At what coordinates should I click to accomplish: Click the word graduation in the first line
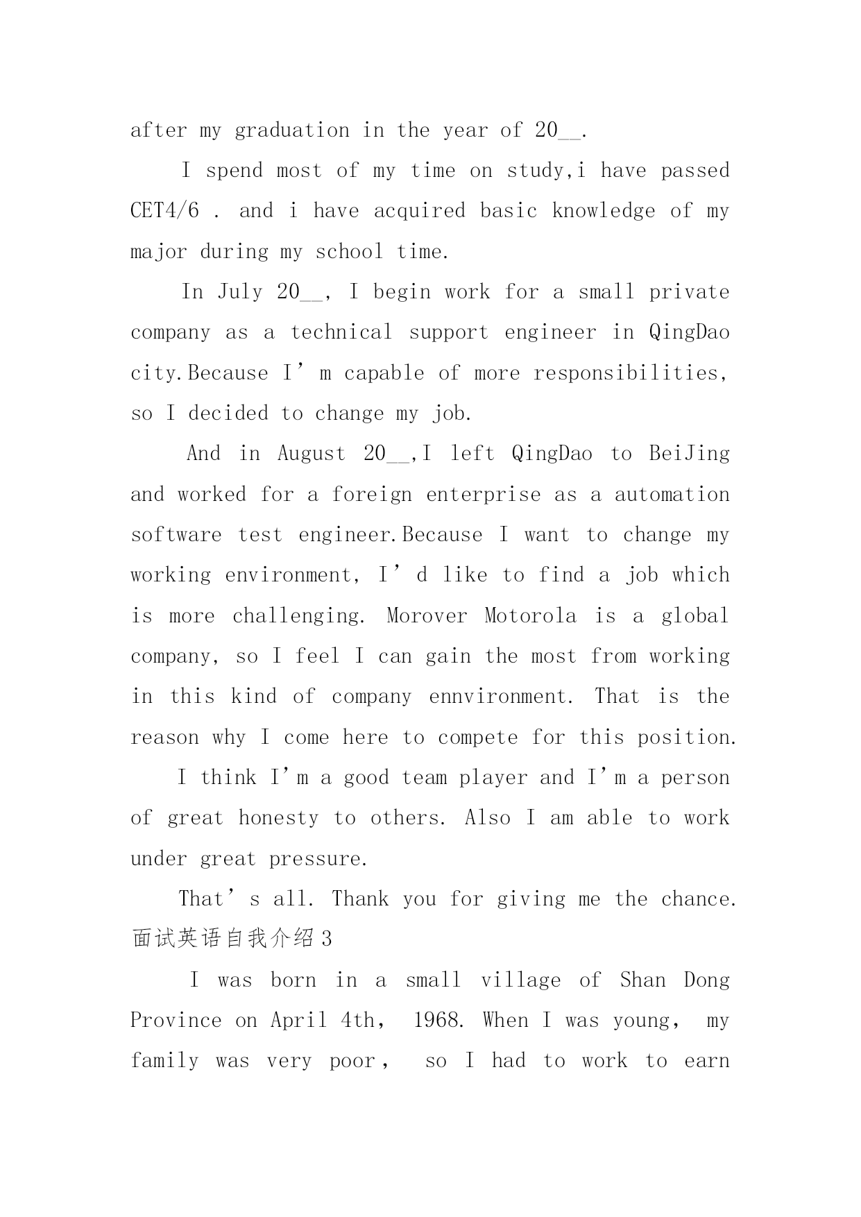click(x=292, y=130)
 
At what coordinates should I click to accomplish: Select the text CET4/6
click(x=164, y=211)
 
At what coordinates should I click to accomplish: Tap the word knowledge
click(x=603, y=211)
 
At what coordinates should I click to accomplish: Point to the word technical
click(x=341, y=332)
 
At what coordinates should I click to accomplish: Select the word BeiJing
click(x=689, y=454)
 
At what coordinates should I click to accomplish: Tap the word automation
click(x=672, y=494)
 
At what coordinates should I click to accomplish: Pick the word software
click(x=176, y=535)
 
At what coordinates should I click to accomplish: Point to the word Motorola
click(x=530, y=616)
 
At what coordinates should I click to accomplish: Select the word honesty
click(x=278, y=818)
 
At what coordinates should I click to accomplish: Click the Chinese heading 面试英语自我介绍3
click(x=232, y=939)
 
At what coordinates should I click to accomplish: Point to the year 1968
click(x=436, y=1021)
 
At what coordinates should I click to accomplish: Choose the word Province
click(x=176, y=1021)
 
